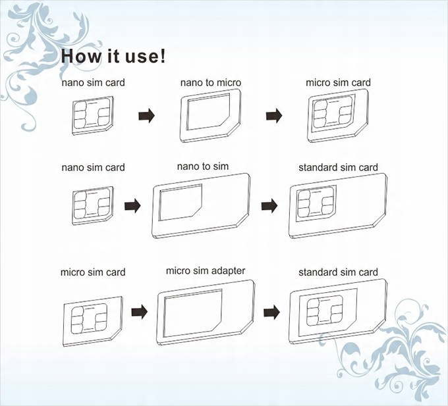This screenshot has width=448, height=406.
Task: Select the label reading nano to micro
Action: click(x=211, y=82)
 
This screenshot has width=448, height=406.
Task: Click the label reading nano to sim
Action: click(x=203, y=166)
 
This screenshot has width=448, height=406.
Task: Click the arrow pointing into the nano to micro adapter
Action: click(x=146, y=116)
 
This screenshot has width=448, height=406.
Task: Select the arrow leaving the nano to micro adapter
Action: click(x=274, y=116)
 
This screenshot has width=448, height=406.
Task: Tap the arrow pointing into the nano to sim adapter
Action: click(x=132, y=205)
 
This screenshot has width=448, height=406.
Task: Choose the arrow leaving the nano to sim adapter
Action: click(x=269, y=205)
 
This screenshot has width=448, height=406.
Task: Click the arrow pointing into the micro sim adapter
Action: click(x=140, y=312)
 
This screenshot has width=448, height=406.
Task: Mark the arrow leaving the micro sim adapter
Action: click(x=271, y=312)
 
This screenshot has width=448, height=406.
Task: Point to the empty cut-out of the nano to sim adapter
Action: click(x=180, y=202)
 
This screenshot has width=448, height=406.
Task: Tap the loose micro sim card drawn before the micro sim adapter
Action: click(x=93, y=321)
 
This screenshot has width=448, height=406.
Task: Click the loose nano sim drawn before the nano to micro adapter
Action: click(x=93, y=116)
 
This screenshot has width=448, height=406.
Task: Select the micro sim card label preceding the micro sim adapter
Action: click(x=93, y=272)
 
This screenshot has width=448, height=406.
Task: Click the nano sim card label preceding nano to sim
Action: click(x=93, y=167)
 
